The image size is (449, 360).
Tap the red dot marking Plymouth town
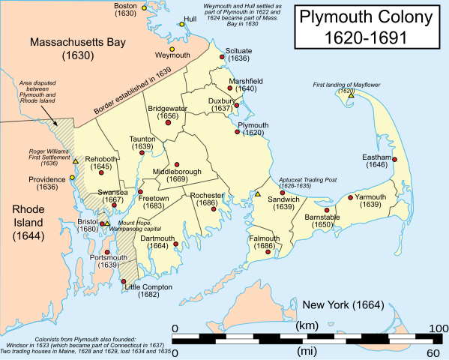point(238,132)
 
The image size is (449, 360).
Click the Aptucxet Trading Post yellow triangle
point(258,194)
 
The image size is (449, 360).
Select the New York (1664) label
point(343,305)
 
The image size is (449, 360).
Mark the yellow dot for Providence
point(72,178)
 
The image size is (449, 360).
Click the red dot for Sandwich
point(283,193)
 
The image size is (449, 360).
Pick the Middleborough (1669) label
point(178,175)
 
